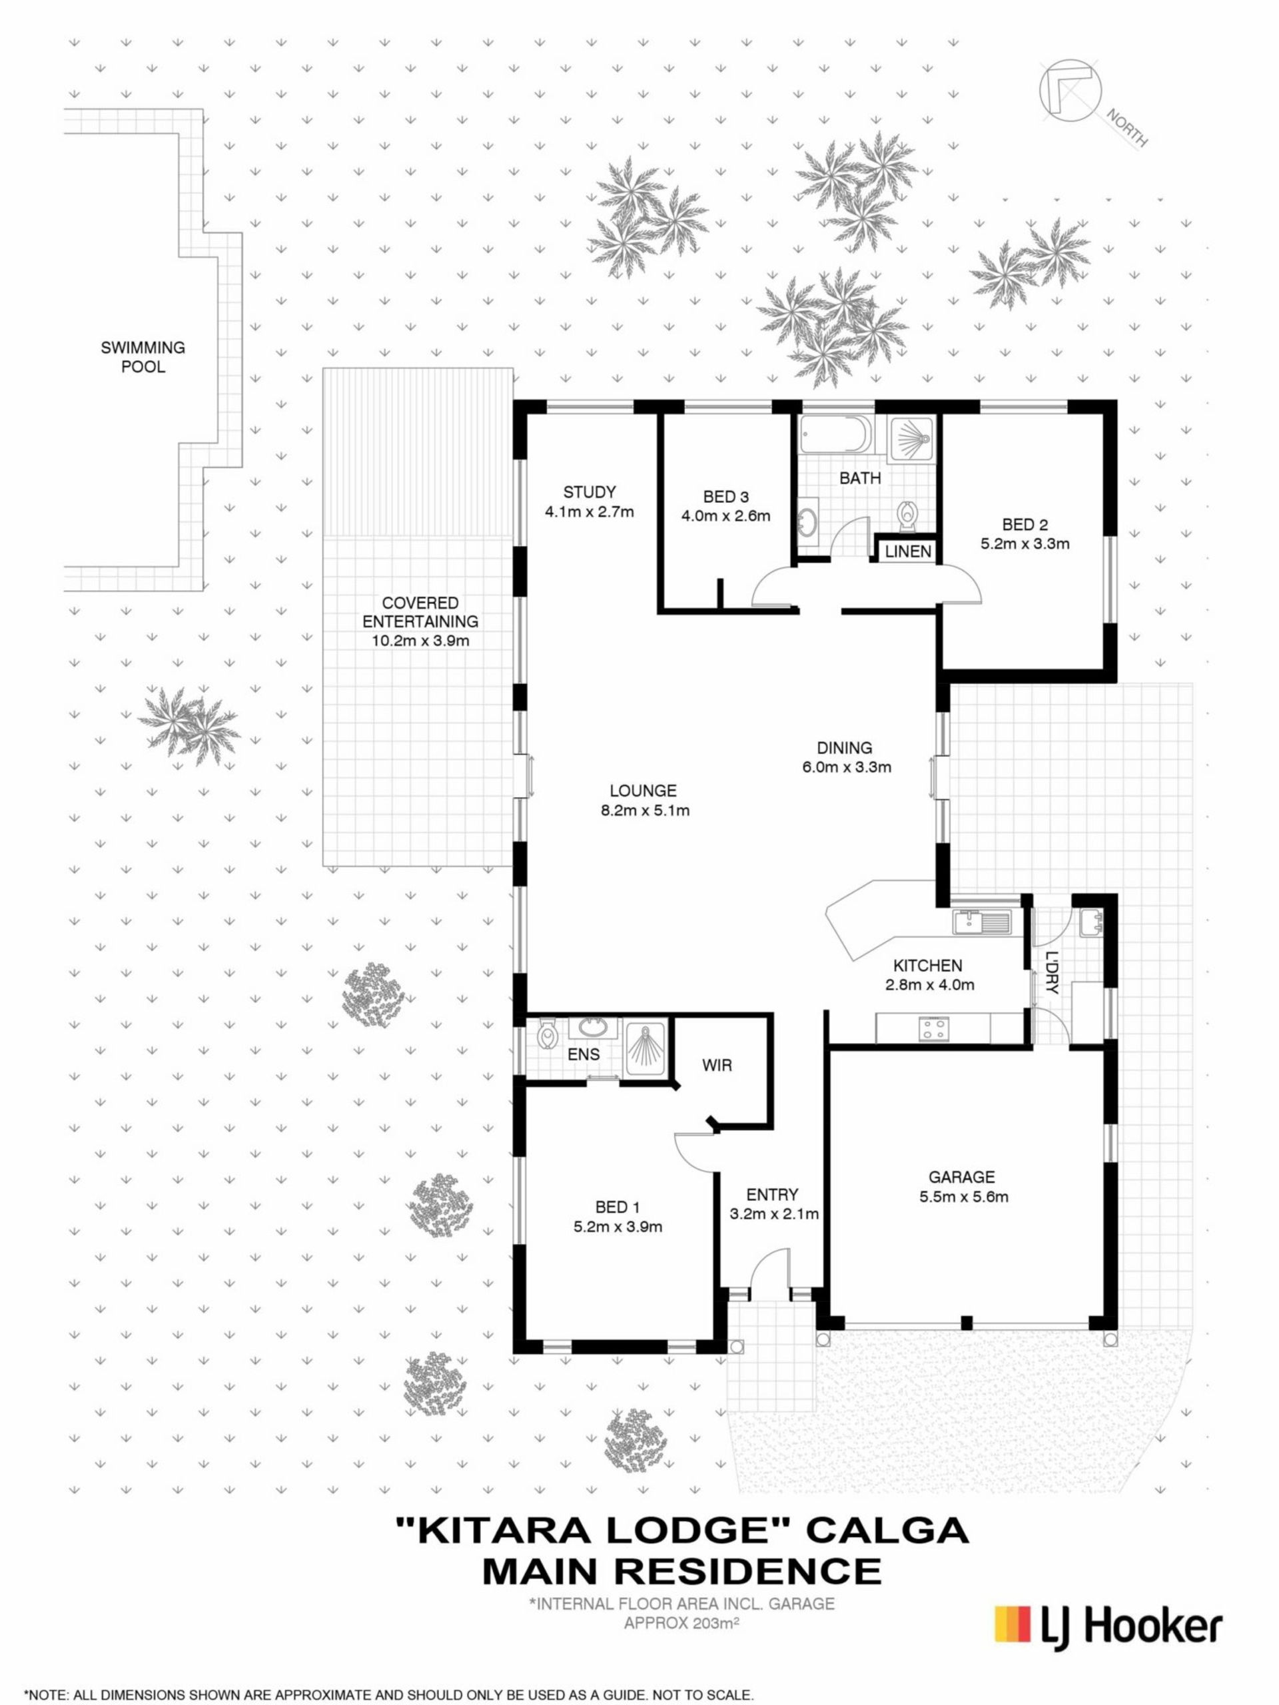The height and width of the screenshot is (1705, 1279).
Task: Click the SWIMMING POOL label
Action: [143, 357]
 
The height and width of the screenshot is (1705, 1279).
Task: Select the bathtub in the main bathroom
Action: [837, 436]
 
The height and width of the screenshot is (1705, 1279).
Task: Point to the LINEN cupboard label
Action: [908, 552]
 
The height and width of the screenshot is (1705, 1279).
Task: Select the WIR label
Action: [717, 1065]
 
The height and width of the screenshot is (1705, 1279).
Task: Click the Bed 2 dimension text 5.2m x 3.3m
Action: [1025, 543]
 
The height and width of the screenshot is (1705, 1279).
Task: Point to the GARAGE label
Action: [961, 1177]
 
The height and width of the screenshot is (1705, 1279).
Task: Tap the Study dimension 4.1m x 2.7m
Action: [589, 511]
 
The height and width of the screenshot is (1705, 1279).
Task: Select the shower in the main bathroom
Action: [911, 440]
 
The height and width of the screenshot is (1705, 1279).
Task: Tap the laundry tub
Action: [1091, 922]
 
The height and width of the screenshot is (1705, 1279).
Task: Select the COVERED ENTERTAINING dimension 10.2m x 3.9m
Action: [420, 641]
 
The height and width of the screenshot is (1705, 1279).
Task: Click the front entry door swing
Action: [768, 1269]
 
